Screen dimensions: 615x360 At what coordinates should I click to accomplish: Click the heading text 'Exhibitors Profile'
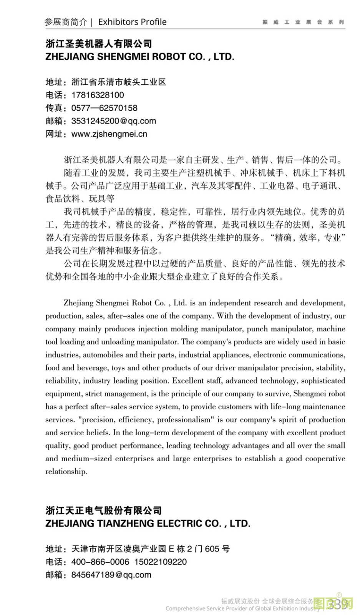pyautogui.click(x=132, y=22)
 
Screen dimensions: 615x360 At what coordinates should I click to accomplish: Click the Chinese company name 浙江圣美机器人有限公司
pyautogui.click(x=99, y=43)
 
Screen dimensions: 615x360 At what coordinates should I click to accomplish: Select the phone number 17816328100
pyautogui.click(x=98, y=95)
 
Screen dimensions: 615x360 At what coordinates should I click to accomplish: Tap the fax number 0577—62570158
pyautogui.click(x=104, y=108)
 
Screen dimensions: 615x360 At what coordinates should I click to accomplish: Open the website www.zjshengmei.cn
pyautogui.click(x=109, y=134)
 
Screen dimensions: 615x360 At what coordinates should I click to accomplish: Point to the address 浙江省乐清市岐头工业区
pyautogui.click(x=119, y=82)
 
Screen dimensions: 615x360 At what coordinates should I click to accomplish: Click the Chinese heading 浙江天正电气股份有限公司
pyautogui.click(x=104, y=510)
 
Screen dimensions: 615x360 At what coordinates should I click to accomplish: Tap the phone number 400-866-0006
pyautogui.click(x=100, y=562)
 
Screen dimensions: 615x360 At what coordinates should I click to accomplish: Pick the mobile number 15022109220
pyautogui.click(x=160, y=562)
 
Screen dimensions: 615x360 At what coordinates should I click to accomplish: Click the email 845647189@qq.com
pyautogui.click(x=111, y=575)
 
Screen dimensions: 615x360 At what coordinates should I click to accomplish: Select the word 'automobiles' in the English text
pyautogui.click(x=103, y=355)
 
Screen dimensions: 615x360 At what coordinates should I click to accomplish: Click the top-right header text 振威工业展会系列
pyautogui.click(x=303, y=22)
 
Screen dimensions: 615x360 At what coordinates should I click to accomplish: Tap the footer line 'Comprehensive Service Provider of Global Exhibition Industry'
pyautogui.click(x=242, y=608)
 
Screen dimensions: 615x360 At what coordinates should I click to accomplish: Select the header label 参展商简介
pyautogui.click(x=66, y=22)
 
